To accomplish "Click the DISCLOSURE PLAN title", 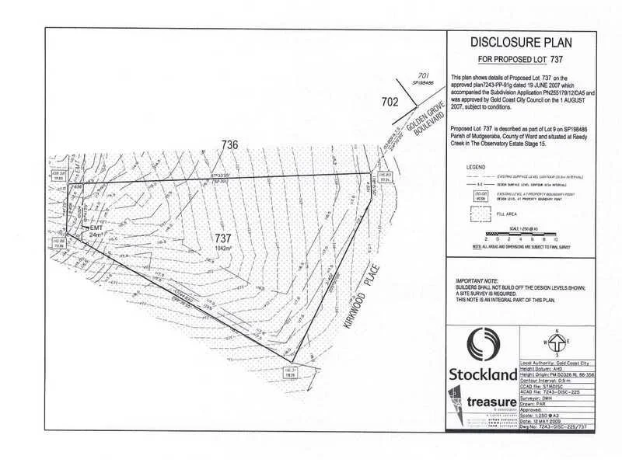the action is [x=520, y=43].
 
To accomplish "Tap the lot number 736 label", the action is [x=229, y=144].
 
